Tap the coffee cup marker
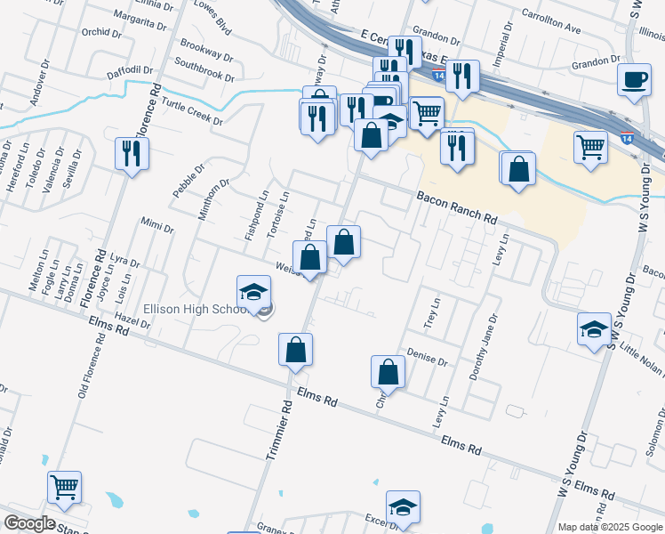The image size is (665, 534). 634,81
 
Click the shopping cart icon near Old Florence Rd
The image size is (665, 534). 64,488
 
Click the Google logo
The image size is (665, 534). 28,523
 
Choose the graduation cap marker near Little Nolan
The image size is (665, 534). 594,330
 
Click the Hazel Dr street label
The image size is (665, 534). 132,320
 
